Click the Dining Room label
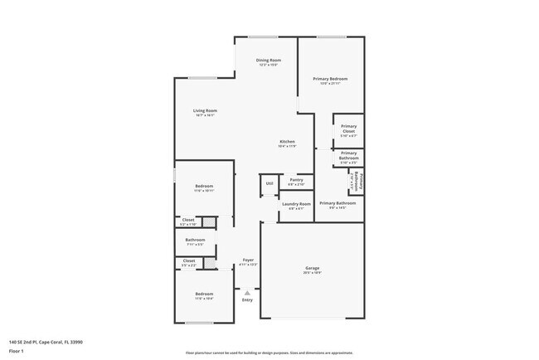click(x=268, y=61)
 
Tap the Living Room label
click(x=205, y=110)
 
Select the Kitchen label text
click(x=287, y=142)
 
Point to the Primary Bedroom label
click(x=330, y=79)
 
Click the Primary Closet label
click(x=348, y=129)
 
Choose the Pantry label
click(x=296, y=180)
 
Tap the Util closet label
click(x=269, y=183)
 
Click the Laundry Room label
click(x=296, y=204)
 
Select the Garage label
click(x=313, y=268)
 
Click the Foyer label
click(x=248, y=260)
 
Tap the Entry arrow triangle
click(x=246, y=292)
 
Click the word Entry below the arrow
click(x=247, y=299)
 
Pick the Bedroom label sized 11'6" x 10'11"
click(x=204, y=186)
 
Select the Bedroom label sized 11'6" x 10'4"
click(x=204, y=294)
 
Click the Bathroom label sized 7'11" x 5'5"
click(x=195, y=240)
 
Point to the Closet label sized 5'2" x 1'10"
click(x=188, y=220)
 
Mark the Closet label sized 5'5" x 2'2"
click(x=188, y=261)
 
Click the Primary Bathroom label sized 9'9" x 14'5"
click(x=337, y=203)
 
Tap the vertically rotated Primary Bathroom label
click(x=356, y=180)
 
